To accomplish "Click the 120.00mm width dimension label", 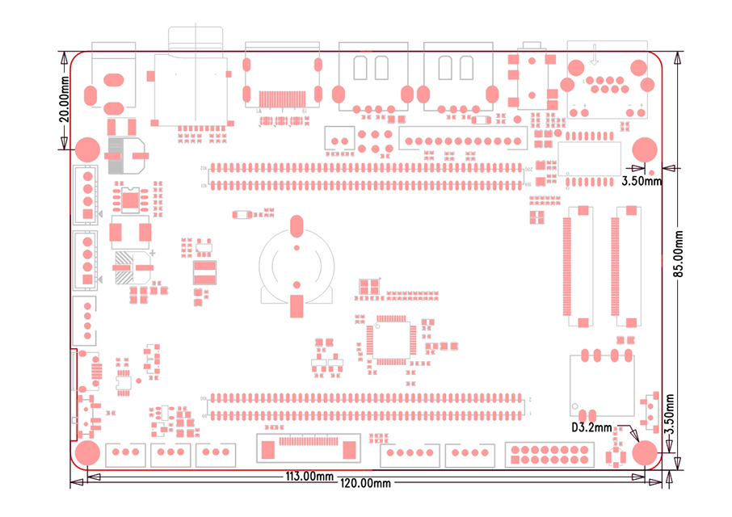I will pyautogui.click(x=364, y=483).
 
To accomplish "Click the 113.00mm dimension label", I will pyautogui.click(x=307, y=476).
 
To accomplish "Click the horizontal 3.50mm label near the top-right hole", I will pyautogui.click(x=642, y=181).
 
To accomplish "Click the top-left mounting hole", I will pyautogui.click(x=86, y=149).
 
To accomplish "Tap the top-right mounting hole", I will pyautogui.click(x=644, y=149).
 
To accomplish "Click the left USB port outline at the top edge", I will pyautogui.click(x=373, y=77).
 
